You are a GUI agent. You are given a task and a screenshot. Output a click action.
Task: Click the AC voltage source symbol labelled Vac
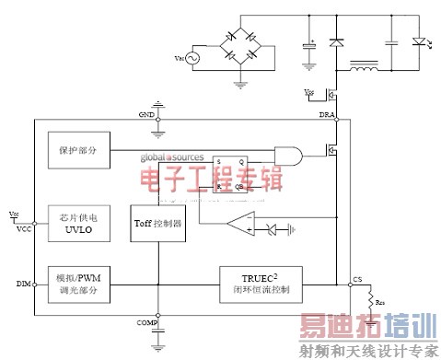[x=194, y=59]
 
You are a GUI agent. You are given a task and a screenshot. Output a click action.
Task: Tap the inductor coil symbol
[x=366, y=67]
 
